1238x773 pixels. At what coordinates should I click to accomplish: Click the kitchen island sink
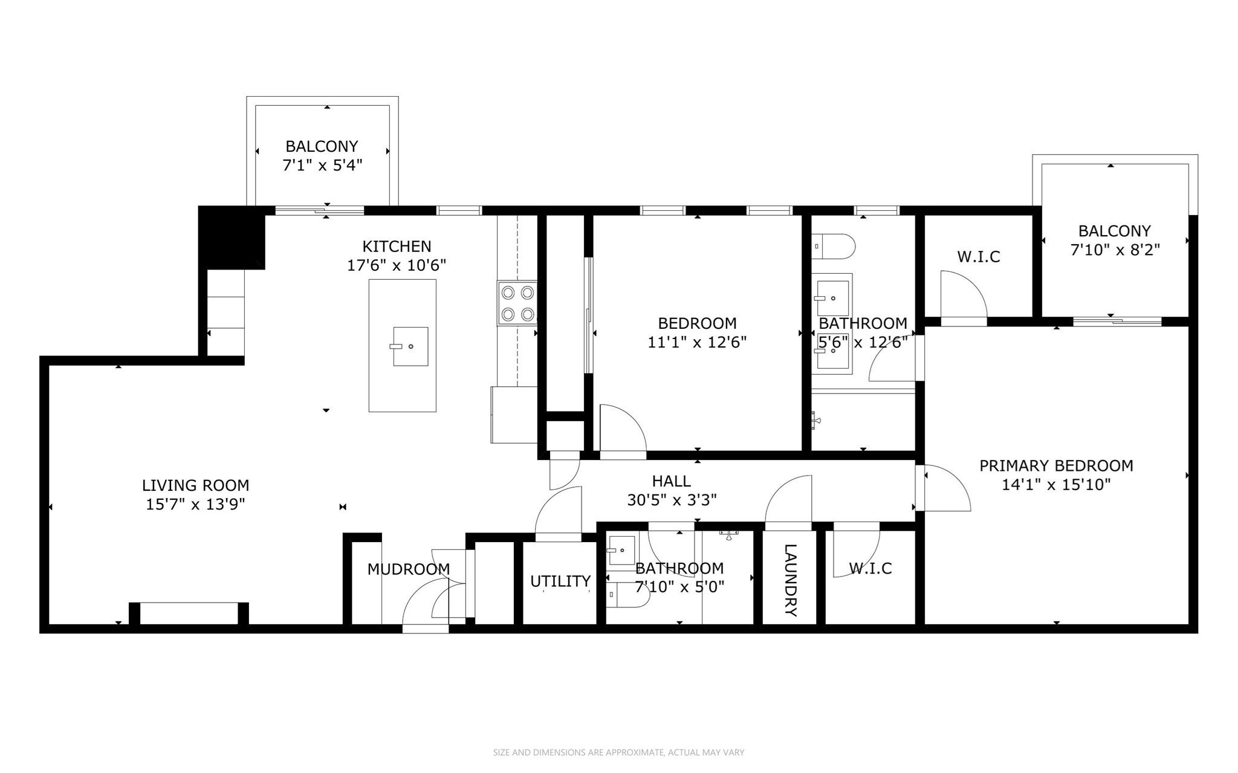point(410,346)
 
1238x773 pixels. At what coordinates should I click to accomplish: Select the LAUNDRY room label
point(790,580)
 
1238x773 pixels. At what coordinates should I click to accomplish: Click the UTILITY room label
point(560,581)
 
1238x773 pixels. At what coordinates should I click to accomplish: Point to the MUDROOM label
point(409,569)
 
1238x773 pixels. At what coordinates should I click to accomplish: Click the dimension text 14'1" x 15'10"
point(1056,485)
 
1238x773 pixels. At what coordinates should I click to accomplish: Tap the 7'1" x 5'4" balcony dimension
point(322,166)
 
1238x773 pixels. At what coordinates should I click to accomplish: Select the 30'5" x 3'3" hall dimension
point(672,500)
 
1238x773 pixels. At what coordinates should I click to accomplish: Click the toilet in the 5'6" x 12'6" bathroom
point(834,247)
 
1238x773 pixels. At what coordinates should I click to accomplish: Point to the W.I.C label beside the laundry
point(870,568)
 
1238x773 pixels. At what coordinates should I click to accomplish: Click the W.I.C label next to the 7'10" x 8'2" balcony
point(978,257)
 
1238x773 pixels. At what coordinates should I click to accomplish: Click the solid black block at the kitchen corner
point(233,236)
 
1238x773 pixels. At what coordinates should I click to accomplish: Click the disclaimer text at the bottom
point(618,752)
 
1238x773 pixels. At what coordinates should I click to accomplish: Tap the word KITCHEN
point(397,247)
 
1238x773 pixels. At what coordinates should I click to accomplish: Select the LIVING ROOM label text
point(195,485)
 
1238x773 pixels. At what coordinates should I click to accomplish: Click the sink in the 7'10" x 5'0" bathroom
point(622,549)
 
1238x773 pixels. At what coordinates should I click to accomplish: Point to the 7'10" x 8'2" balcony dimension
point(1115,250)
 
